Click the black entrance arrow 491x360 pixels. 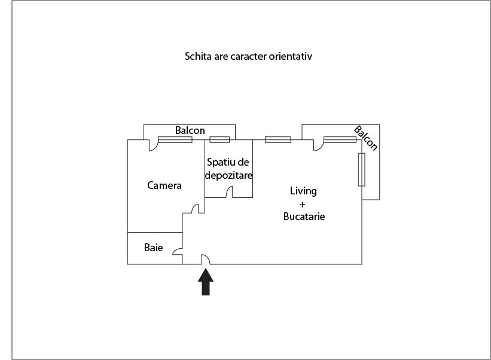(205, 282)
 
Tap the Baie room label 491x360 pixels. (154, 247)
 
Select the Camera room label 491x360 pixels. (164, 185)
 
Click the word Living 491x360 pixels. (303, 191)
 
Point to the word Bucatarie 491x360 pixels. (304, 216)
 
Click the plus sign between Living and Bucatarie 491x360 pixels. (303, 204)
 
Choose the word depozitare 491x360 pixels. (228, 176)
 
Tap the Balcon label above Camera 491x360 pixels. (190, 130)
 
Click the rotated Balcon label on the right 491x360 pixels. (366, 138)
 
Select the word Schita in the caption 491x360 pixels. (197, 57)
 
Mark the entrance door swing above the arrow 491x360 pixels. (205, 258)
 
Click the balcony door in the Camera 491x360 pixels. (153, 144)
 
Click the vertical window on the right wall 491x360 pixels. (361, 169)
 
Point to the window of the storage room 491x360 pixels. (219, 140)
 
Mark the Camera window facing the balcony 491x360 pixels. (175, 140)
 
